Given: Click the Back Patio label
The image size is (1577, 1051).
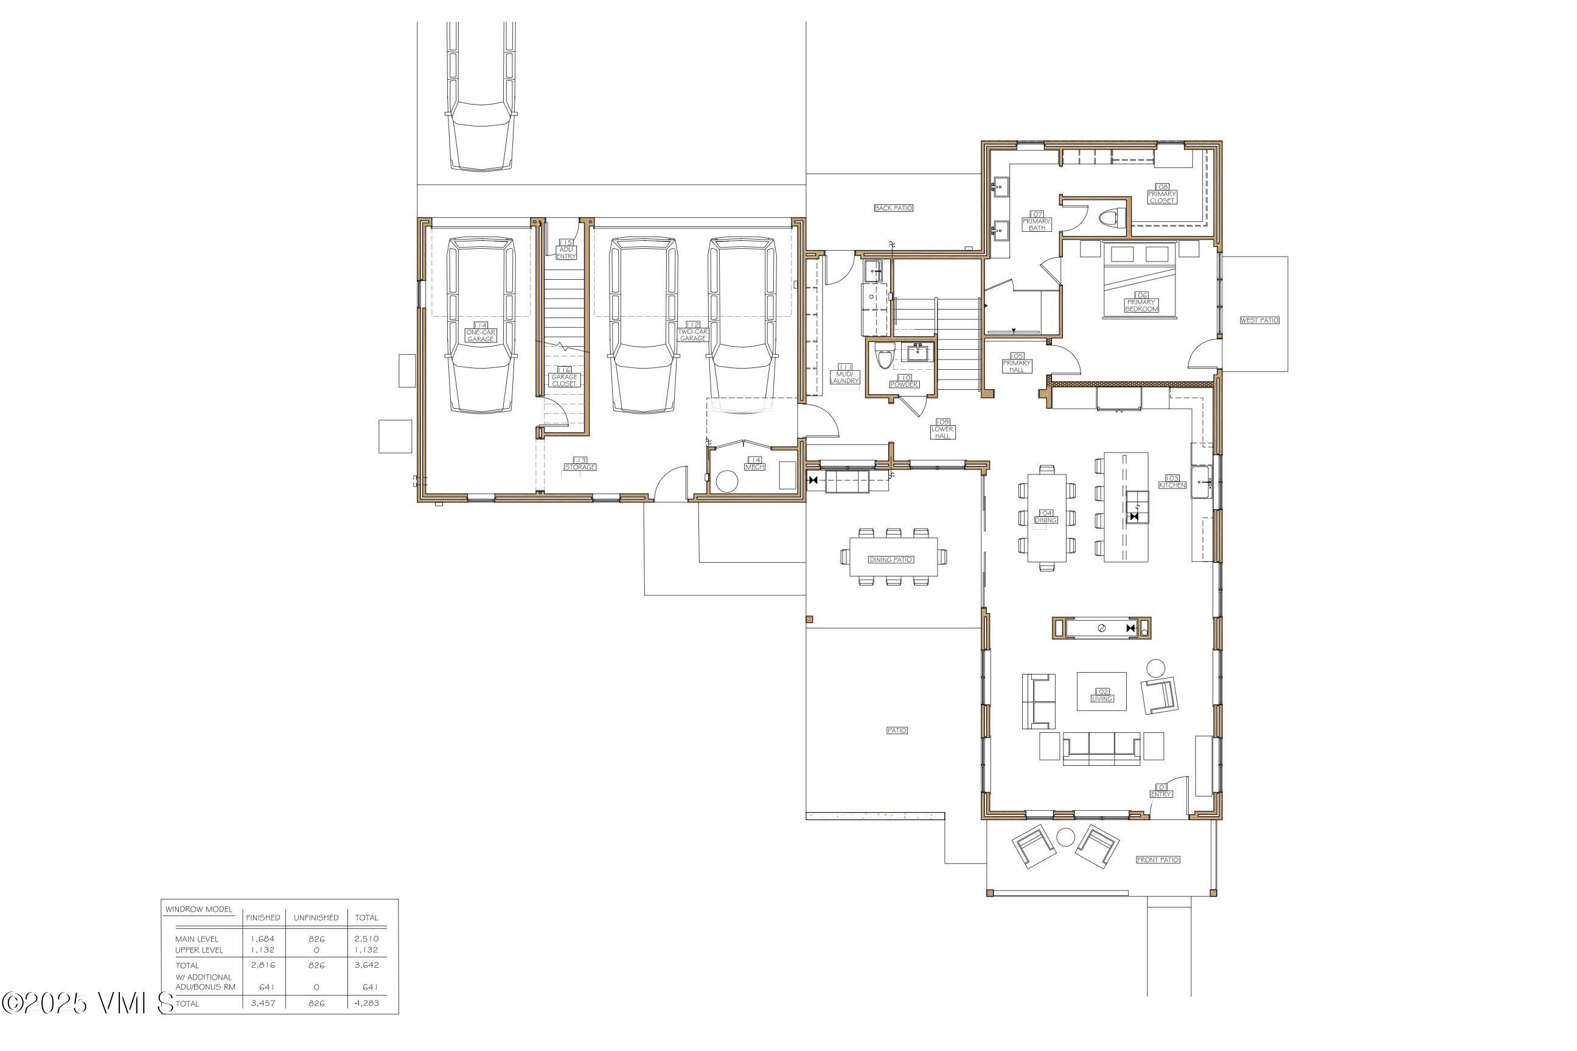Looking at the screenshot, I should click(x=893, y=209).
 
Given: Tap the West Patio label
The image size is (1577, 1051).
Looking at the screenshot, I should click(x=1259, y=321).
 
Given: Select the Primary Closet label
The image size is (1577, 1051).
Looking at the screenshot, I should click(x=1161, y=195).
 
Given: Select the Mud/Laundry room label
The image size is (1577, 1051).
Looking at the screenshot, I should click(x=844, y=376).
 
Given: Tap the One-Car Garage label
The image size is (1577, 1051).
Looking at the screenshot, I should click(x=480, y=334).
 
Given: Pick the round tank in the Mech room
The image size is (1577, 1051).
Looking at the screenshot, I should click(x=727, y=482).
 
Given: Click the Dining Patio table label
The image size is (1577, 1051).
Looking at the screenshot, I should click(x=891, y=560).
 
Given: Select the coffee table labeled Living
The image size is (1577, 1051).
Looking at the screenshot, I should click(x=1101, y=692).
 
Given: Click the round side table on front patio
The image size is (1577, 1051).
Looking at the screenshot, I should click(x=1065, y=837).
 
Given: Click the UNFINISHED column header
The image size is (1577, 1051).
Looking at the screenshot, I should click(x=316, y=918).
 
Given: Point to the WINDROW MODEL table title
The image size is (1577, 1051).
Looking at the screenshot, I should click(x=199, y=909).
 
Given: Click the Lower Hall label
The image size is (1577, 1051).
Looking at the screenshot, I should click(x=942, y=429).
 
